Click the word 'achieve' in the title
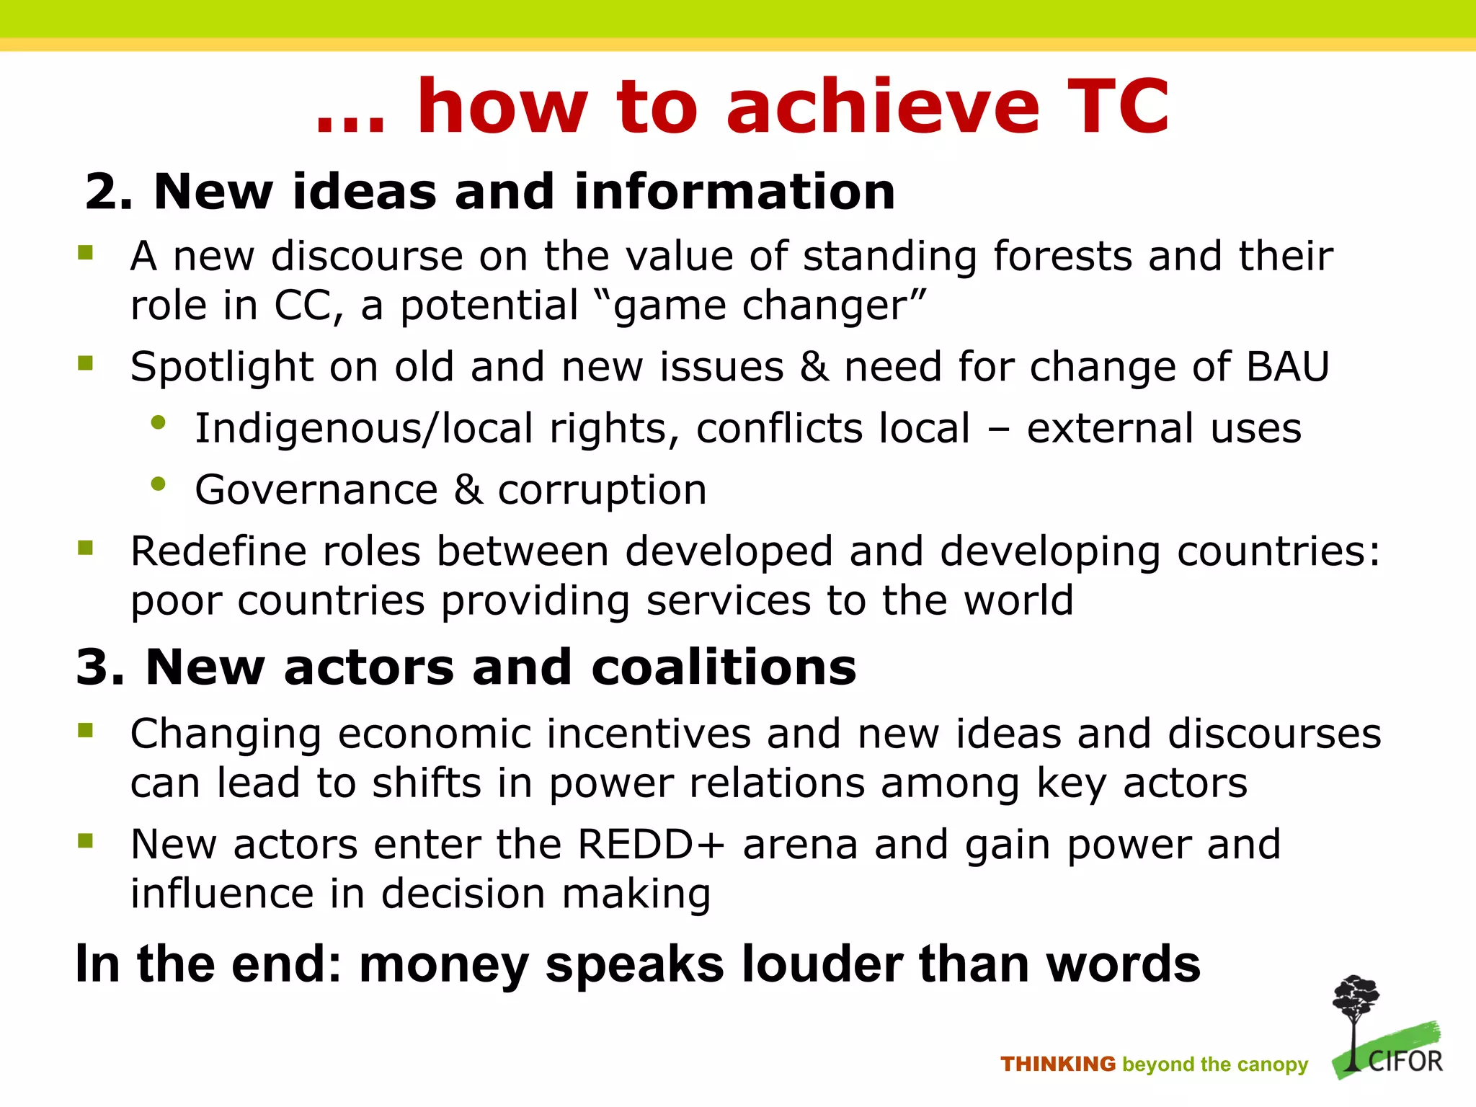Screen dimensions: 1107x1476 point(883,107)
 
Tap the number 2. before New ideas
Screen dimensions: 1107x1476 point(109,192)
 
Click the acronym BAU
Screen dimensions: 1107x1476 point(1287,366)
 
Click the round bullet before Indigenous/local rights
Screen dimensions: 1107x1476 point(159,424)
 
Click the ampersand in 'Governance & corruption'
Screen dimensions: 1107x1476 point(468,490)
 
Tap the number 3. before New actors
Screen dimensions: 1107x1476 point(100,667)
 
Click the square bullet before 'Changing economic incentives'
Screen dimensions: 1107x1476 point(86,731)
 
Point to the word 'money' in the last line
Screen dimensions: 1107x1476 point(443,965)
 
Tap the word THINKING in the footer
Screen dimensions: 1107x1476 point(1057,1064)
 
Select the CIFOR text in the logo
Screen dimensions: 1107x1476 point(1405,1062)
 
